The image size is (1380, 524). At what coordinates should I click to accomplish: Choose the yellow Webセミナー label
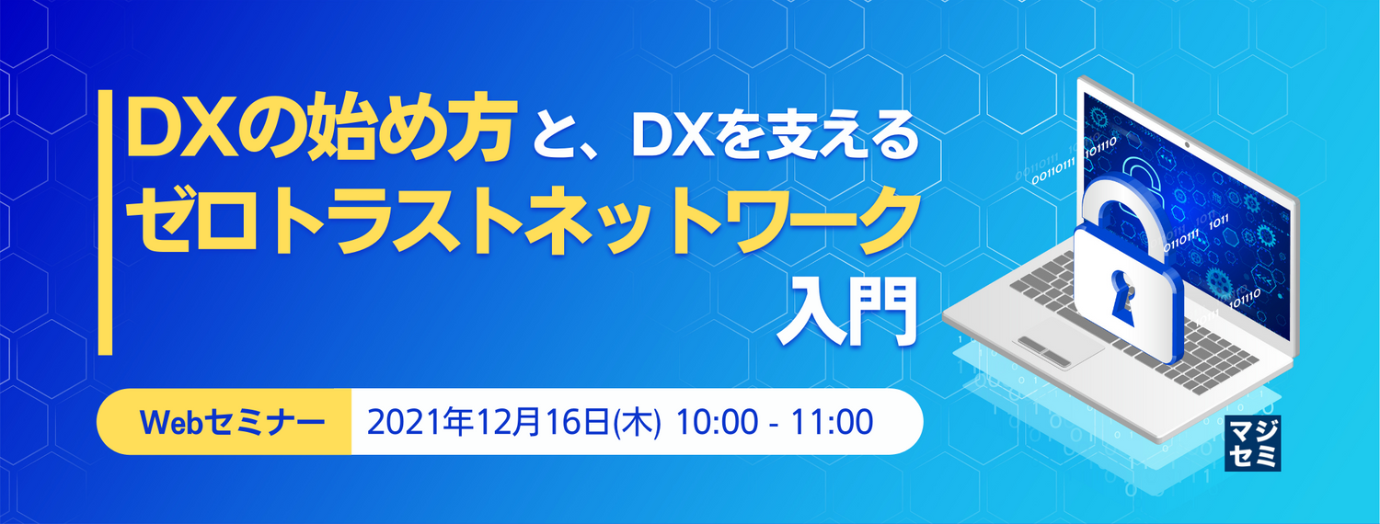pyautogui.click(x=224, y=422)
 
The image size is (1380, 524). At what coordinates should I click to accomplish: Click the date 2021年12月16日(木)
pyautogui.click(x=513, y=422)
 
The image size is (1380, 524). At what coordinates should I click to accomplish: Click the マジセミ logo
pyautogui.click(x=1253, y=446)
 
